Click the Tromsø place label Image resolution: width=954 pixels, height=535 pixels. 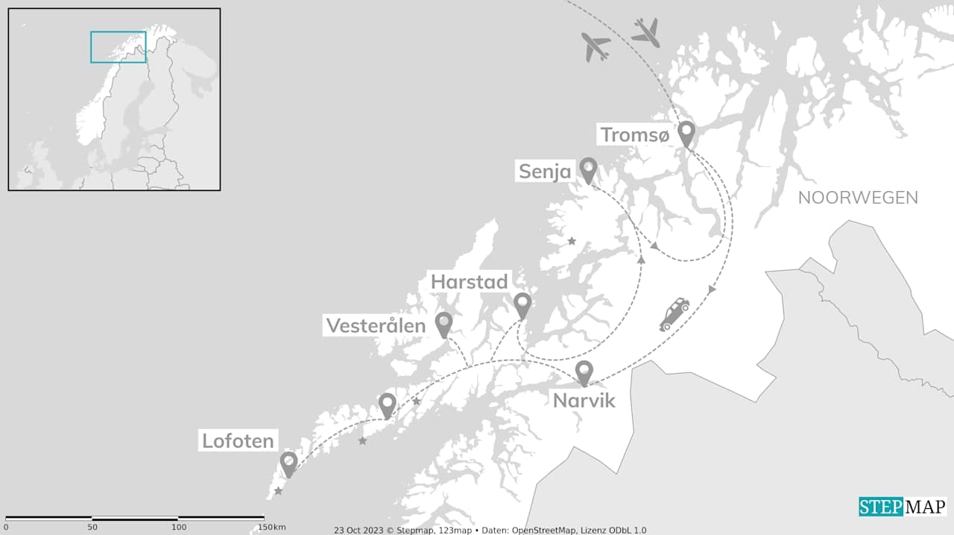[636, 135]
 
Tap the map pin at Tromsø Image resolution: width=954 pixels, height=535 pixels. [686, 134]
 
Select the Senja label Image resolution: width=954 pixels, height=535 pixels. [545, 172]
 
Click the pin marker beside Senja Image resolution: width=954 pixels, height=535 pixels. [588, 169]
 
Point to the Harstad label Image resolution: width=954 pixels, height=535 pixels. [470, 282]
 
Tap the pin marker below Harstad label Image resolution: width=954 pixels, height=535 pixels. [522, 304]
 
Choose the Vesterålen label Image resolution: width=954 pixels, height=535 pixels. [376, 325]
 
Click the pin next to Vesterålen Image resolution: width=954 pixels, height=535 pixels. [443, 323]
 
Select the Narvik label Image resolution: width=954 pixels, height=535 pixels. [584, 401]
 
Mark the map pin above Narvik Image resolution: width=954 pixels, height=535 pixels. [584, 372]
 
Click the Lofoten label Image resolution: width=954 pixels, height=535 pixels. [238, 441]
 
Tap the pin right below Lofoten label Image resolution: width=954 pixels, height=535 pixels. [288, 463]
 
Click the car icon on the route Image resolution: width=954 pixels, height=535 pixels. [674, 313]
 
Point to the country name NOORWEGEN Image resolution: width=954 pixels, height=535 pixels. [858, 198]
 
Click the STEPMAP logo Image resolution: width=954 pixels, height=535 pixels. [902, 507]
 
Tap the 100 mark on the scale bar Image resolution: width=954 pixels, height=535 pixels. [179, 528]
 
